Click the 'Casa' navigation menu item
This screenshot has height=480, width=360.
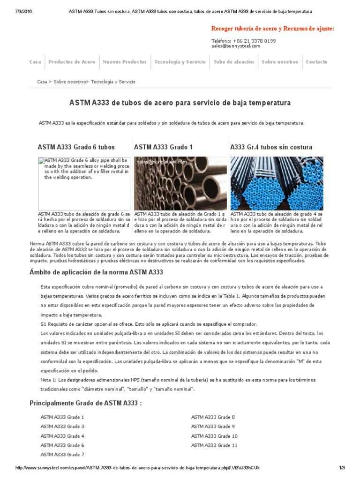tap(35, 62)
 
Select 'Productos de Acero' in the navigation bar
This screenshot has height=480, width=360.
tap(72, 62)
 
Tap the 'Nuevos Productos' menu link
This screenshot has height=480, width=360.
tap(124, 62)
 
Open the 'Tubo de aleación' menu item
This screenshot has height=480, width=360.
tap(233, 62)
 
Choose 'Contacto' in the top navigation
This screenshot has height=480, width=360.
tap(316, 62)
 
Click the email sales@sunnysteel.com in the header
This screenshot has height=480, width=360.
tap(236, 46)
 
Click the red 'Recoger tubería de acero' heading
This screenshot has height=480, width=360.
tap(273, 29)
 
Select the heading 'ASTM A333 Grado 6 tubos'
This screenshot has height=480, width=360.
tap(76, 147)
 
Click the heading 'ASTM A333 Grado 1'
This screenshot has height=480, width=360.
tap(163, 147)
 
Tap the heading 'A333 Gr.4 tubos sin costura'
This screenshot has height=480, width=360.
tap(271, 147)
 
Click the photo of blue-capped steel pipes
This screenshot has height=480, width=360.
tap(277, 183)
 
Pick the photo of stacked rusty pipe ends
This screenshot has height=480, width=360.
tap(180, 183)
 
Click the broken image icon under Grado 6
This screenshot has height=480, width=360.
tap(42, 161)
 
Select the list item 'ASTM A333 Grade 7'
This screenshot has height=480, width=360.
tap(62, 455)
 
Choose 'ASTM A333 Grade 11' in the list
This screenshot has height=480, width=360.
tap(214, 445)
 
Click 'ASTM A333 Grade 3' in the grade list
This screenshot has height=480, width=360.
tap(62, 427)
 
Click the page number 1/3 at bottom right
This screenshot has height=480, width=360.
tap(341, 468)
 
